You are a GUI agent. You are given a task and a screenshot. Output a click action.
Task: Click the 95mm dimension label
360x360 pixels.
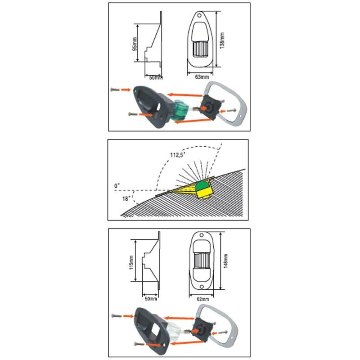[135, 44]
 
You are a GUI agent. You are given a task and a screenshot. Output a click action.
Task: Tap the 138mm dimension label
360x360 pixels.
[222, 40]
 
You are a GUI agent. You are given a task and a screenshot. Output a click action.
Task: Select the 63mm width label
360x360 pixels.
[202, 76]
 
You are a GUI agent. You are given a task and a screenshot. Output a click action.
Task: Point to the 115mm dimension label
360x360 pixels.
[131, 262]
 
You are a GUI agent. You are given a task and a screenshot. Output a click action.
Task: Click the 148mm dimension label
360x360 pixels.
[226, 261]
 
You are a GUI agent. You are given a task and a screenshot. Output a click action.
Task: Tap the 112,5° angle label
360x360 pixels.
[177, 155]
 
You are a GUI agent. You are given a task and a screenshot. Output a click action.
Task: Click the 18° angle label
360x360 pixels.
[126, 198]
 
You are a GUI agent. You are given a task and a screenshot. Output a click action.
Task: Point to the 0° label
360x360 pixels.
[117, 185]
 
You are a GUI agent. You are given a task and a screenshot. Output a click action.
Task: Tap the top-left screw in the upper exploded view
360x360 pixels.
[114, 89]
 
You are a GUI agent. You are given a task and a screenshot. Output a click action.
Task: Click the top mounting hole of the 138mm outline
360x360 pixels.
[199, 16]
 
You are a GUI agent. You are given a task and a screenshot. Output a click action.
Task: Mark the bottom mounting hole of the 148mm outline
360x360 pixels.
[202, 287]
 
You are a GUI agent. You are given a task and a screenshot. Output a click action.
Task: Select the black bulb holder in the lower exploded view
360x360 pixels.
[201, 330]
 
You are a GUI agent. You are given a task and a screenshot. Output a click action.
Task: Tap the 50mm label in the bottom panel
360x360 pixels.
[151, 299]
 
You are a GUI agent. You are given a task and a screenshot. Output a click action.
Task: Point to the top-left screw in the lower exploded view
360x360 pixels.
[117, 316]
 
